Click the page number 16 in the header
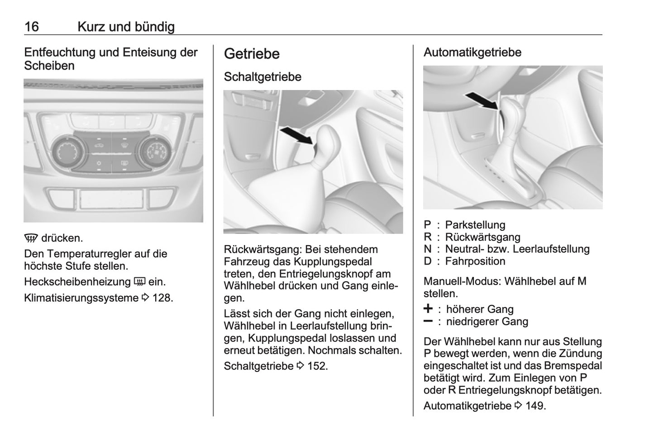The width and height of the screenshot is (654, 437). (32, 27)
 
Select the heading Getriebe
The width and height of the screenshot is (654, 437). (252, 54)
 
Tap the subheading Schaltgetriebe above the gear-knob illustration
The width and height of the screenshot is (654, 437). (263, 77)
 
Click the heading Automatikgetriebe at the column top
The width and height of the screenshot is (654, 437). (472, 52)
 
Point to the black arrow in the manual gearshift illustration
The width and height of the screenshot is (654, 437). (296, 136)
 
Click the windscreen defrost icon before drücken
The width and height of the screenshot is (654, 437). (32, 238)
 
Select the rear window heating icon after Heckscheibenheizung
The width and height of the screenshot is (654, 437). (139, 282)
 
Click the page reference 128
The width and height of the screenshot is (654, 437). (162, 298)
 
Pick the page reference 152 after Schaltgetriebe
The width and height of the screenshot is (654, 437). (316, 366)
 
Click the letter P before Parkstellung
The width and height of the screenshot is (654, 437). (427, 225)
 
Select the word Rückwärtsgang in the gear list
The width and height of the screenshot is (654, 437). (482, 237)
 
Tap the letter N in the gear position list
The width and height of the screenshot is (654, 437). (428, 249)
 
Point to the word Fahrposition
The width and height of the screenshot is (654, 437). (475, 261)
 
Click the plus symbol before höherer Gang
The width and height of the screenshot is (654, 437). (428, 309)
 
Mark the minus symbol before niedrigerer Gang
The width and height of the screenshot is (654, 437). (428, 321)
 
